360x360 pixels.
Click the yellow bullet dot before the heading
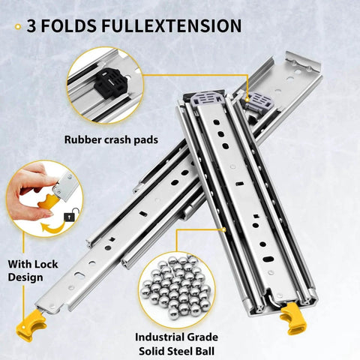[17, 28]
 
